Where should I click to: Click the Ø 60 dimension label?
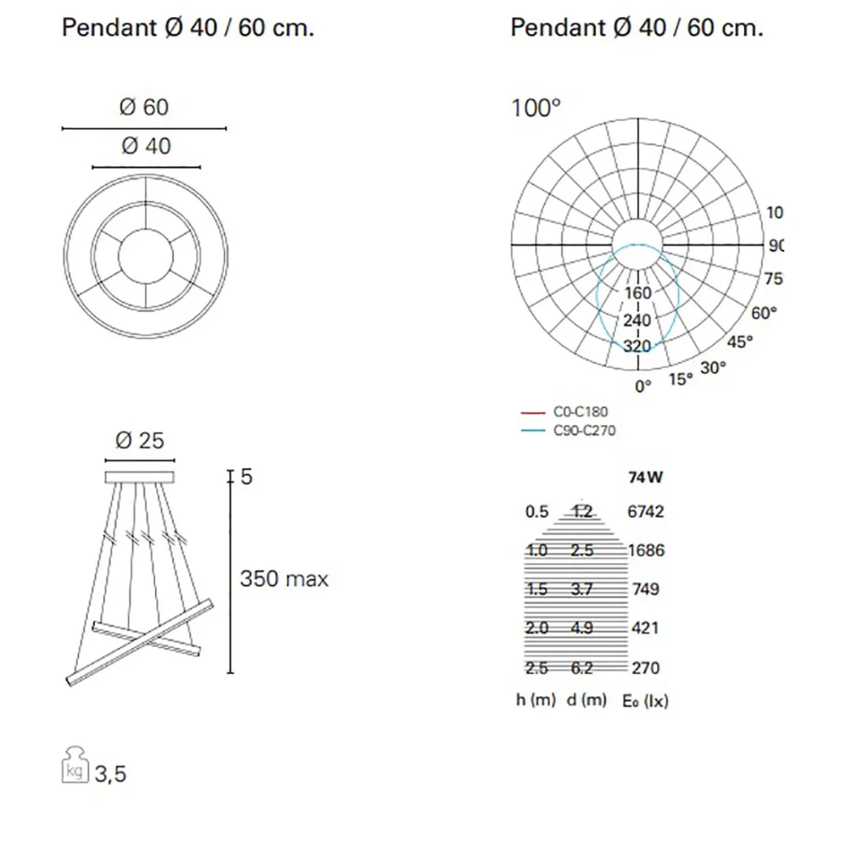(144, 107)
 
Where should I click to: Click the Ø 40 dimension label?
(146, 146)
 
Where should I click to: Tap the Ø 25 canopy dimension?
(139, 440)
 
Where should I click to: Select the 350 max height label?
(284, 579)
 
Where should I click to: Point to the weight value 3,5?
(110, 774)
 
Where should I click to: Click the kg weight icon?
(75, 764)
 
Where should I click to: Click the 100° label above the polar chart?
(536, 109)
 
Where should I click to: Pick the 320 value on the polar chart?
(637, 346)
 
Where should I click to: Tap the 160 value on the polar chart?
(638, 293)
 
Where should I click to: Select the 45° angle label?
(739, 342)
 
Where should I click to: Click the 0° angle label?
(643, 386)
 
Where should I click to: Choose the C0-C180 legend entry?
(580, 411)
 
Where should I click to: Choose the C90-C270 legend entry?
(584, 431)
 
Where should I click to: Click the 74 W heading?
(646, 477)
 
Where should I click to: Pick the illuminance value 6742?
(646, 511)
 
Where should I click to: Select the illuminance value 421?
(645, 628)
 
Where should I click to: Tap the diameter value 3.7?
(582, 589)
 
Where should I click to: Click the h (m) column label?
(536, 699)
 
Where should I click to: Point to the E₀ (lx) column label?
(645, 700)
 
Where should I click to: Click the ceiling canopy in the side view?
(139, 477)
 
